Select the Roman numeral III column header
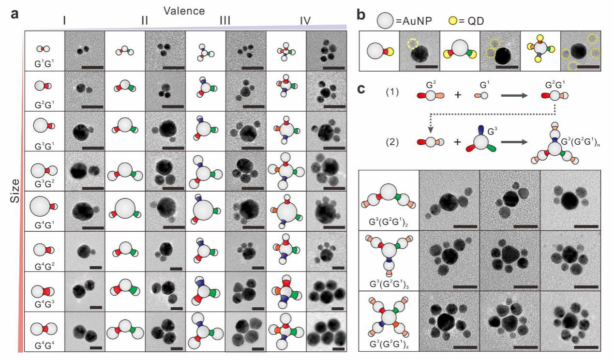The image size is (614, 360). point(225,21)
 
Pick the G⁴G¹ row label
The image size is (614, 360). point(44,225)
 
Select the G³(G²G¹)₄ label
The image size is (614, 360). point(389,344)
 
